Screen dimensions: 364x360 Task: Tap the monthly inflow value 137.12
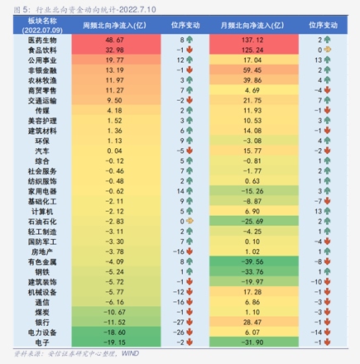252,40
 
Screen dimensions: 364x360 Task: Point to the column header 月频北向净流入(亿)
252,26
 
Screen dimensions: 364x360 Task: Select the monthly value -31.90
252,342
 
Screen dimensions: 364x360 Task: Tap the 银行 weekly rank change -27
177,322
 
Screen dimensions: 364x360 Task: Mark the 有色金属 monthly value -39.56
252,261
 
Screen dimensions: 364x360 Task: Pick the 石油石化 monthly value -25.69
252,221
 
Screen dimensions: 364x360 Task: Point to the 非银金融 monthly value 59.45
252,70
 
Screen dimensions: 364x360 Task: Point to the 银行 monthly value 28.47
252,322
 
